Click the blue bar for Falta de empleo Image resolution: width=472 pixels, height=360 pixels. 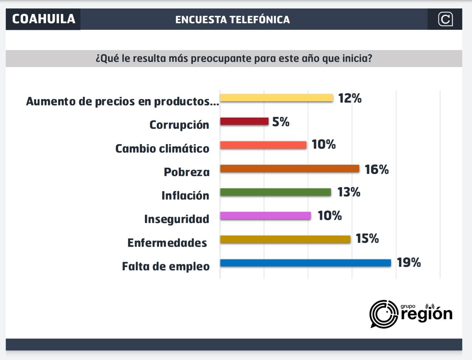(x=305, y=263)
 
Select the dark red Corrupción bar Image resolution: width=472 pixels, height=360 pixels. (x=244, y=121)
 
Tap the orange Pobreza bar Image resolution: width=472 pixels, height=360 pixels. (x=289, y=168)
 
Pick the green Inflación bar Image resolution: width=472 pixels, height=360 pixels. (x=275, y=192)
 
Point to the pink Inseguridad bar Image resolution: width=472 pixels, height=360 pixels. (x=265, y=216)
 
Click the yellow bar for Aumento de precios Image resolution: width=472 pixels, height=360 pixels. (x=277, y=98)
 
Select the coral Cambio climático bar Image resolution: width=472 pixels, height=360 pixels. (x=263, y=145)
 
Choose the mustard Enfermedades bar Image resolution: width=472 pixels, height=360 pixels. (x=285, y=239)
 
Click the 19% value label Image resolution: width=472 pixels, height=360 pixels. (x=409, y=262)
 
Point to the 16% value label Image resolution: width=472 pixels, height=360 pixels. (x=376, y=169)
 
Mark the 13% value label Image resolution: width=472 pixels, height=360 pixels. (x=348, y=192)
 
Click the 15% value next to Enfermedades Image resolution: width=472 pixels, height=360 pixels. (x=367, y=238)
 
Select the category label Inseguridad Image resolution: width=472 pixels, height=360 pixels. (x=177, y=219)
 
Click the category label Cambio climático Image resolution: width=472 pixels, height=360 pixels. (x=162, y=148)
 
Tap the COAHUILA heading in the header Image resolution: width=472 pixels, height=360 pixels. (x=44, y=19)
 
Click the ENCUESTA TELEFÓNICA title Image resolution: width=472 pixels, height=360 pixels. (x=232, y=20)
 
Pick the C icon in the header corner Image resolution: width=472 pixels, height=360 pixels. (x=445, y=19)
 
